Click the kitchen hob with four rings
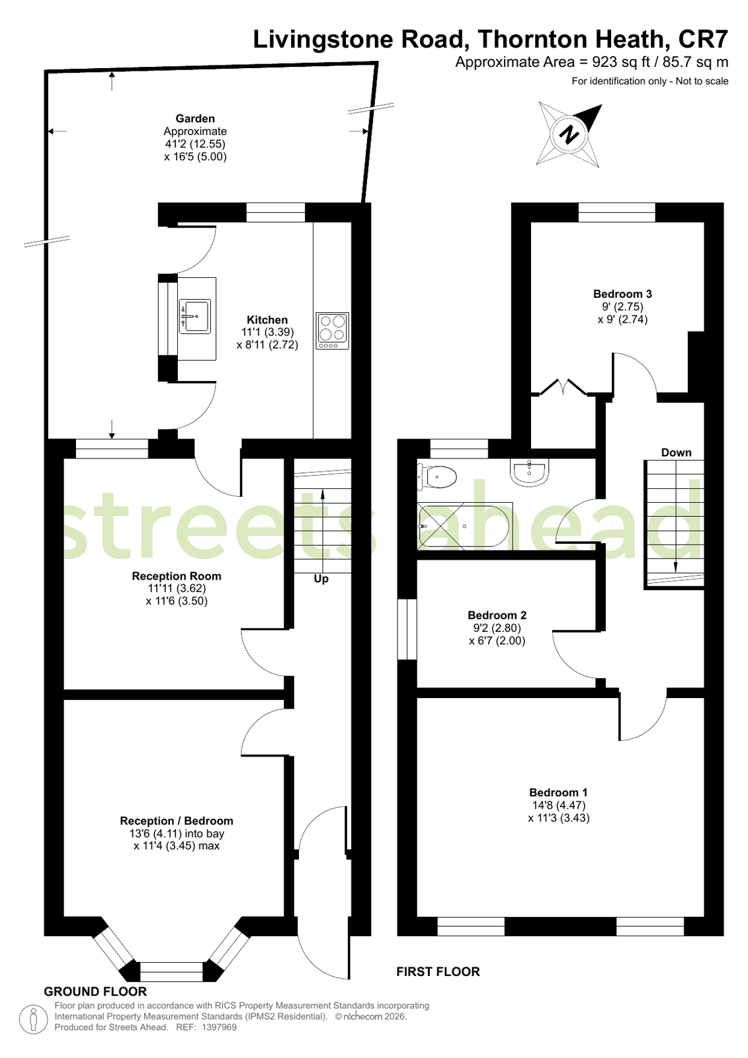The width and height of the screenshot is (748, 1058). [332, 331]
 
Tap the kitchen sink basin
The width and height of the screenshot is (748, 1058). [194, 316]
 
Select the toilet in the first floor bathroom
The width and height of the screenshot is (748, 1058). [438, 476]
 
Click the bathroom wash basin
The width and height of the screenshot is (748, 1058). [529, 472]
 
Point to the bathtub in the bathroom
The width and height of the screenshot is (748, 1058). [465, 526]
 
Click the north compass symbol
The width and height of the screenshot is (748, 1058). [569, 134]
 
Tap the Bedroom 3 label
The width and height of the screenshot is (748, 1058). [622, 294]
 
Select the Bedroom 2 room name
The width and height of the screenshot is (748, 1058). [497, 615]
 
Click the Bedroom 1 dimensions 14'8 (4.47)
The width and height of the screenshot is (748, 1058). [557, 805]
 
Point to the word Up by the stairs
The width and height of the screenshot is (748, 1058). [321, 579]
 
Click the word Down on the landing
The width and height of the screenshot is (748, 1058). [676, 453]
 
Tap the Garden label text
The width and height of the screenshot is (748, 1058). [195, 118]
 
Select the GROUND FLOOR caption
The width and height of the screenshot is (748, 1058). [95, 991]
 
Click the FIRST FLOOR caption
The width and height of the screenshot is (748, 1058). [438, 971]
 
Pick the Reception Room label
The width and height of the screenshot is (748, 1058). [177, 576]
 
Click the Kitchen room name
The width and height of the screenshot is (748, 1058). [267, 320]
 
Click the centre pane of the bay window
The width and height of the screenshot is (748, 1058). [171, 971]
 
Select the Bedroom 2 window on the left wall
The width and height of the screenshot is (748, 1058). [407, 629]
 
